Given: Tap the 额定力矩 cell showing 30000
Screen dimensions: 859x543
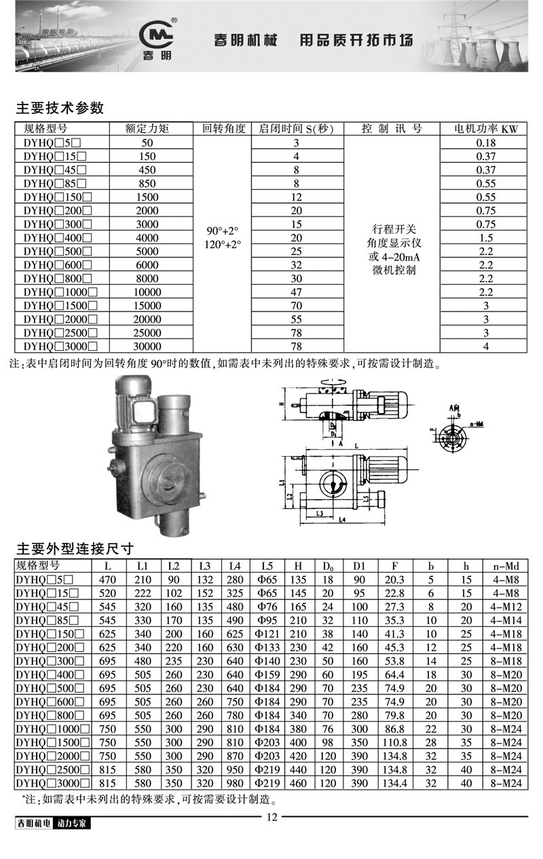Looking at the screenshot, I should [147, 347].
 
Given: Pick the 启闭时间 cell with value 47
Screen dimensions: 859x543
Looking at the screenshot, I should [296, 292].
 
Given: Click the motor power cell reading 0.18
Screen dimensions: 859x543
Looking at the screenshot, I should [487, 142].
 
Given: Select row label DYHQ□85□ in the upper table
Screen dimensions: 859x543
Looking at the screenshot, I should [55, 183].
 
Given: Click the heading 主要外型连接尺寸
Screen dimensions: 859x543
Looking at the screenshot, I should [75, 548].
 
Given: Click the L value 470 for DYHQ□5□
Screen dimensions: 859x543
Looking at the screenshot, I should [109, 579].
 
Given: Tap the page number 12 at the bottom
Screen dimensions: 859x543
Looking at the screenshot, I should [271, 817].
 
